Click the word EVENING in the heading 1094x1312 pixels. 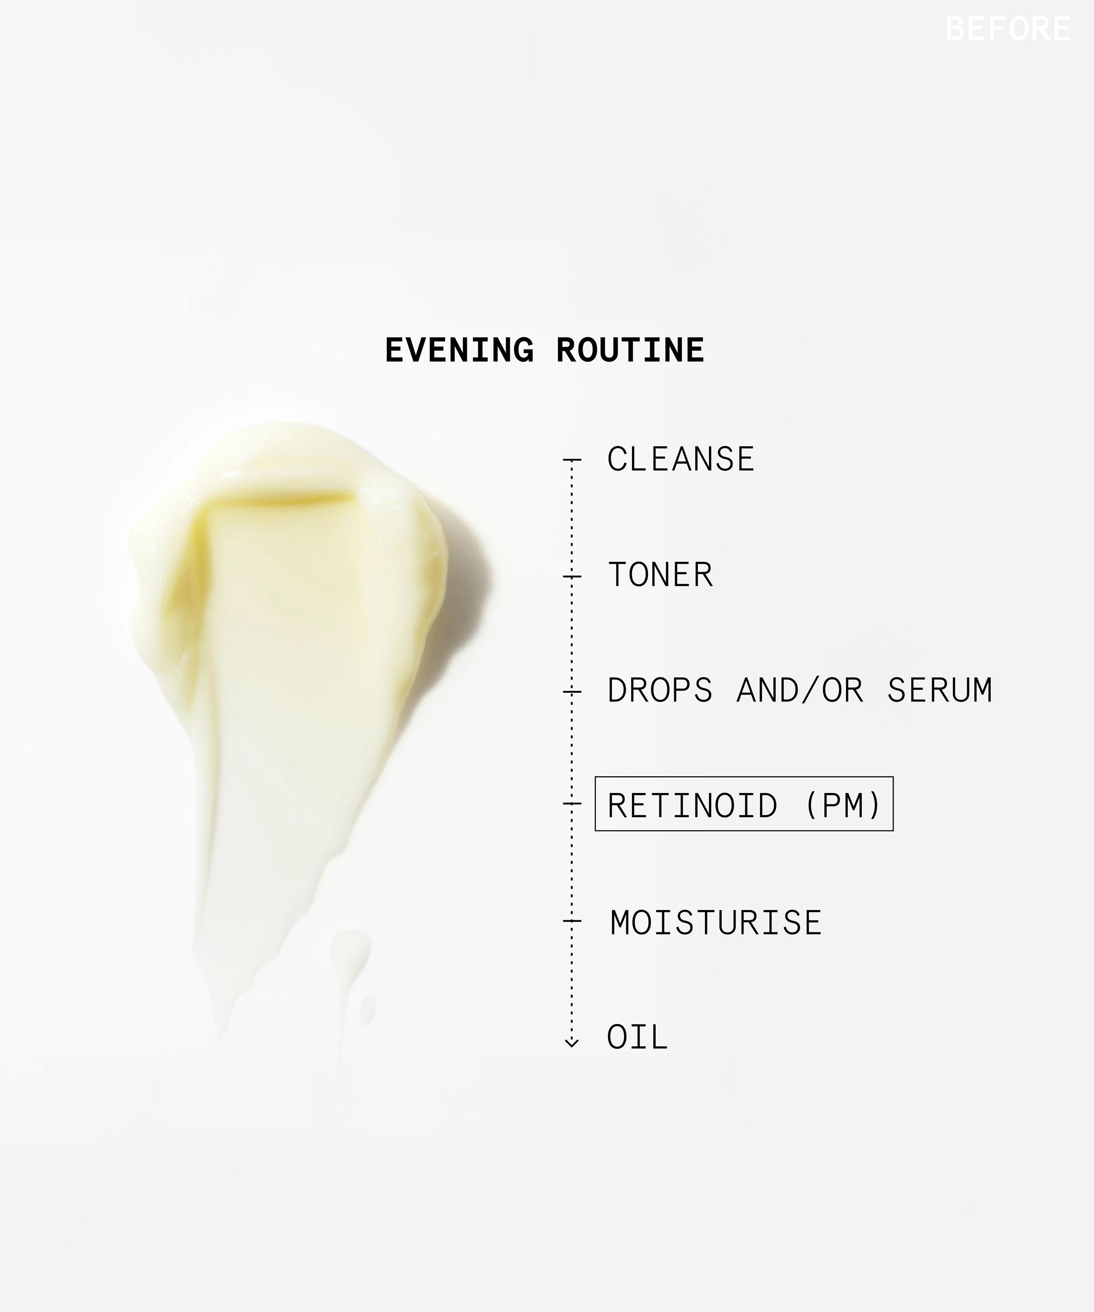459,350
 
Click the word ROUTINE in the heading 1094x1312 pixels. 630,350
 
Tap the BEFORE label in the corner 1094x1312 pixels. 1008,29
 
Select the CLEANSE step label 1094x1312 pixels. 681,459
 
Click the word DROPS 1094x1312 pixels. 659,691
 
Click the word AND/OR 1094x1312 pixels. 800,691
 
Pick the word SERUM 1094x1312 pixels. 940,691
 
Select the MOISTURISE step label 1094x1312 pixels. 716,923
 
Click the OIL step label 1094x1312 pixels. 638,1038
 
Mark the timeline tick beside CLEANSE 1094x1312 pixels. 572,460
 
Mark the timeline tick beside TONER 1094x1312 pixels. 572,576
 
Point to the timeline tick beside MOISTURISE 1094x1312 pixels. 572,921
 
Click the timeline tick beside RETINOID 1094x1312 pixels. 572,803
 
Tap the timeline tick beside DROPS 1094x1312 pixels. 572,691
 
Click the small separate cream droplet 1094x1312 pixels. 368,1010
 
